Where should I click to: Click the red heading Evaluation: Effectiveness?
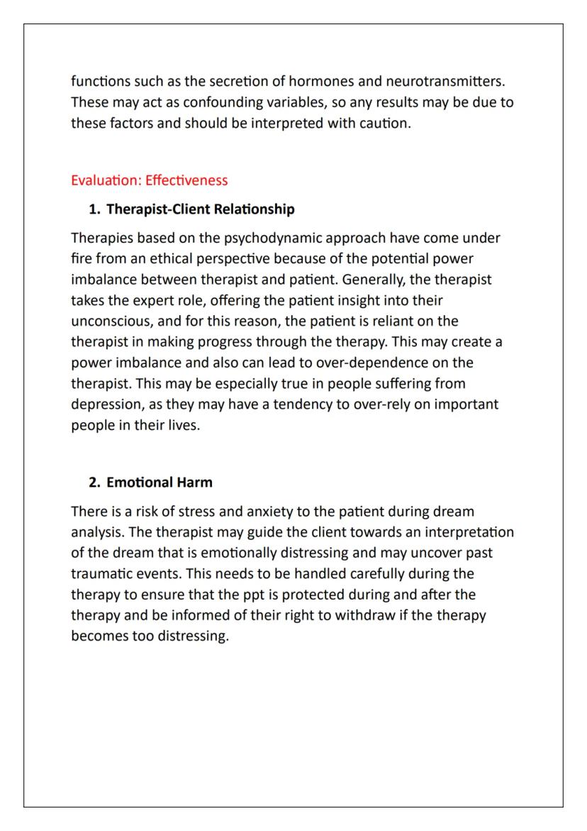click(150, 180)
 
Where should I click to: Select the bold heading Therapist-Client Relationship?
click(201, 209)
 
